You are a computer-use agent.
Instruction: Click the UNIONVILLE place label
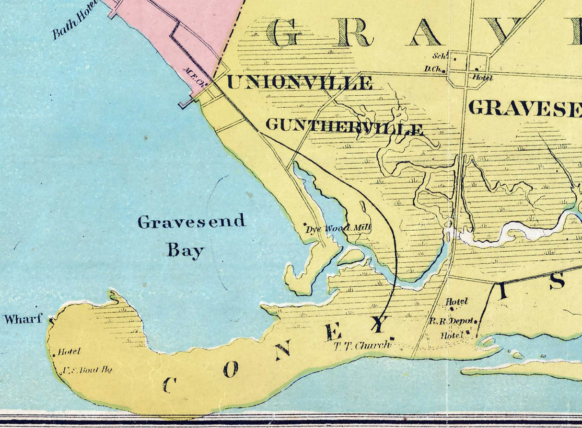300,82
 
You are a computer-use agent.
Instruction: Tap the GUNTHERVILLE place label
344,126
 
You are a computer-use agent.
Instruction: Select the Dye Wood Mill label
338,229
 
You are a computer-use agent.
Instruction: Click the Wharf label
23,319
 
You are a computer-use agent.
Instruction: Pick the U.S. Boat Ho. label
87,370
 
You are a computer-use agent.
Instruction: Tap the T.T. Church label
360,345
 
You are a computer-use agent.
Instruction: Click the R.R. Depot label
451,321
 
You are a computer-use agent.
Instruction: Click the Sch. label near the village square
439,56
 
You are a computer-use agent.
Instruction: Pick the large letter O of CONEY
231,369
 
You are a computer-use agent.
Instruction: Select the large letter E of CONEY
334,332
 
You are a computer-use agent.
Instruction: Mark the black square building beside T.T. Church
392,338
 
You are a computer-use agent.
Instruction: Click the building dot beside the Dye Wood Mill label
305,224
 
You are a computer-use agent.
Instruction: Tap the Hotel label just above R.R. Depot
456,302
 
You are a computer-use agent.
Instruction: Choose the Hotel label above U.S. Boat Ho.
69,352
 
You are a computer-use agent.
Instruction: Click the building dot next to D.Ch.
444,71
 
